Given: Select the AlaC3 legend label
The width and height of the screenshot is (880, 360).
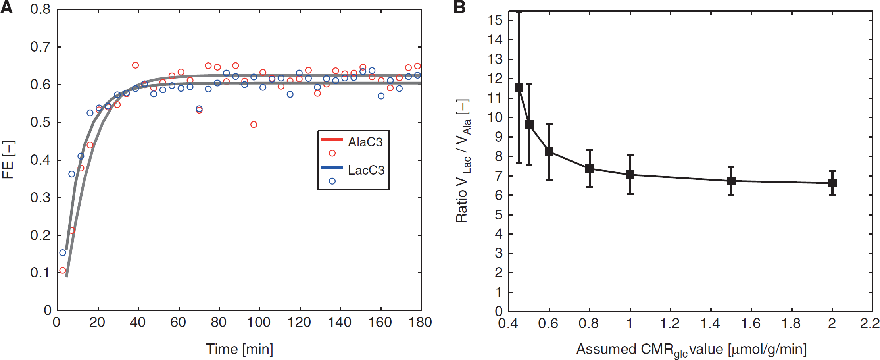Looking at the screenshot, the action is [x=365, y=142].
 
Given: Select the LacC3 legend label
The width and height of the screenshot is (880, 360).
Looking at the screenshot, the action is [x=366, y=170].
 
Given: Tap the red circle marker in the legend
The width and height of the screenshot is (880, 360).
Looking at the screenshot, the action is [x=332, y=153].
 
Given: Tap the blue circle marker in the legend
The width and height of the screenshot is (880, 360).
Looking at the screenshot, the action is [x=332, y=181].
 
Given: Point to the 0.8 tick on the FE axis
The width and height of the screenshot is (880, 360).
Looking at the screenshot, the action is [x=40, y=10].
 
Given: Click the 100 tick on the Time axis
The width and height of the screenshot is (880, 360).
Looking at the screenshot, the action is [x=259, y=322].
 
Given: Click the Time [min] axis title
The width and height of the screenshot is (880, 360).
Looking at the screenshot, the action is [x=239, y=349].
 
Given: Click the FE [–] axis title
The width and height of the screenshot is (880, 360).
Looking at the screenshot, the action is [x=8, y=160].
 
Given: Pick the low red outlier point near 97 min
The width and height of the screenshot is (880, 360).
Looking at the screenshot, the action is [x=254, y=125].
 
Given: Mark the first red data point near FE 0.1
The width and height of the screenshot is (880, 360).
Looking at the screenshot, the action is [x=63, y=271].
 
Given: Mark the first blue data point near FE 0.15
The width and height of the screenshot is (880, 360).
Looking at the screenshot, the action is [x=63, y=253].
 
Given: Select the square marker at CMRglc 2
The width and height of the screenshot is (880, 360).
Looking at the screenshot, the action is [x=832, y=183].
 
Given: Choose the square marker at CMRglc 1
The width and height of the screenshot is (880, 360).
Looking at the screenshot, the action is [x=630, y=175].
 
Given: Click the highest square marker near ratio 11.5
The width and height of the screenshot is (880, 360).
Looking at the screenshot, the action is [x=519, y=87].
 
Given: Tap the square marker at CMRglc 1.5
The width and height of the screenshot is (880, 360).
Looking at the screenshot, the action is [x=731, y=181].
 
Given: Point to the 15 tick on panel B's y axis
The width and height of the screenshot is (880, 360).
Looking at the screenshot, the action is [x=496, y=20].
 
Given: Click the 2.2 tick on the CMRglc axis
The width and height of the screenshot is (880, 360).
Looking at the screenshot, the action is [x=870, y=323].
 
